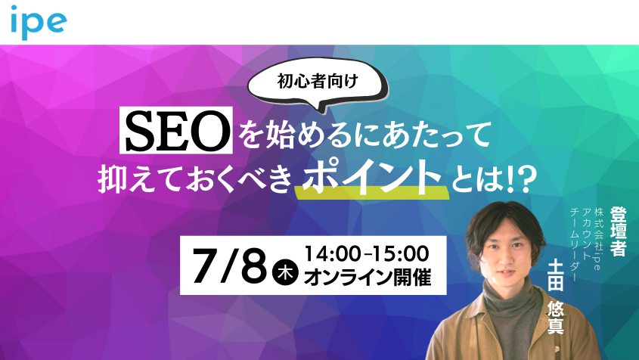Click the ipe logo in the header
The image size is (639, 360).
point(39,22)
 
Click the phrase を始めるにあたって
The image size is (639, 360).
point(361,135)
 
